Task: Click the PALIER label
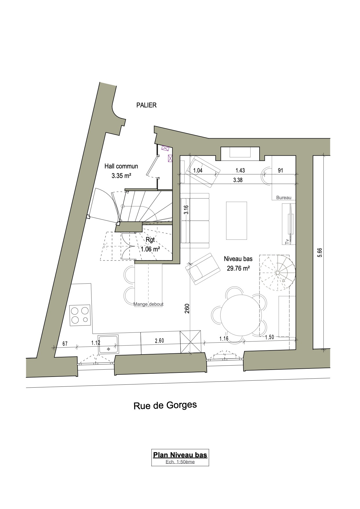click(x=146, y=105)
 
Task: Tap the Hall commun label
click(x=121, y=166)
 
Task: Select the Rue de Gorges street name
click(x=165, y=405)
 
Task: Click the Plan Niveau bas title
click(x=180, y=454)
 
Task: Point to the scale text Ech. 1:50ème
click(x=180, y=462)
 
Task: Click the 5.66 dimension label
click(x=320, y=252)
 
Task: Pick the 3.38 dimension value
click(x=238, y=180)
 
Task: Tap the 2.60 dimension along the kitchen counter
click(x=159, y=341)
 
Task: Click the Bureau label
click(x=284, y=197)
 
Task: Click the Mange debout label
click(x=148, y=304)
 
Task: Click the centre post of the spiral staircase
click(x=277, y=273)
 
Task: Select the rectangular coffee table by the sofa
click(x=237, y=220)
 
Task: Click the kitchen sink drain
click(x=109, y=349)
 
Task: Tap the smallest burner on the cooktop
click(x=85, y=320)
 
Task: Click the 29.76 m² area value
click(x=238, y=268)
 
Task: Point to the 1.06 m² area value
click(x=150, y=249)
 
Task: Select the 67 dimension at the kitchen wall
click(x=65, y=344)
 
